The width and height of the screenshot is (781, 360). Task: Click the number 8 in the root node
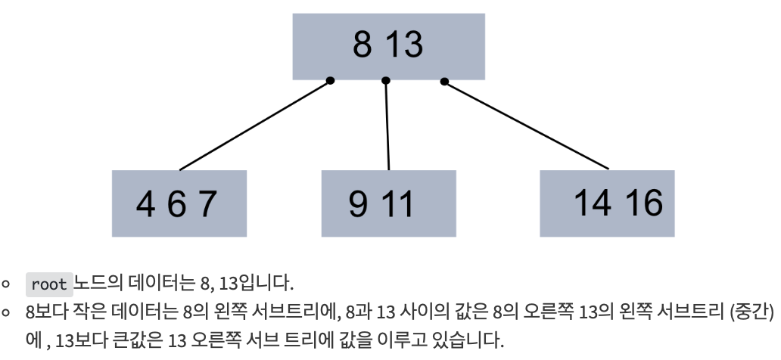point(363,45)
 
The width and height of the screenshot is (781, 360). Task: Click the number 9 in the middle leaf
point(359,204)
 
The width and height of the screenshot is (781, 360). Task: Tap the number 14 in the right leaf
point(593,203)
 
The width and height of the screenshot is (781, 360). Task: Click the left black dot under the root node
point(330,81)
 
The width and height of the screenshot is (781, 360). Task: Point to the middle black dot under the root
point(386,81)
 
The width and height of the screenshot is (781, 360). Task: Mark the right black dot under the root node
point(444,81)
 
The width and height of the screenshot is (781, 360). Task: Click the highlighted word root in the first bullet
point(49,284)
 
